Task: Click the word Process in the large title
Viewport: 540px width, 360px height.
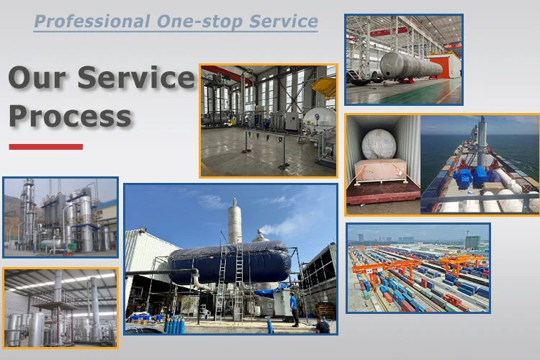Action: tap(71, 115)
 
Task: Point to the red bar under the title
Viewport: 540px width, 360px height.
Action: tap(45, 147)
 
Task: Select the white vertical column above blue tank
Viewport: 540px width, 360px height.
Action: tap(235, 220)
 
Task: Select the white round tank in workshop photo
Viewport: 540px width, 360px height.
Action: tap(318, 122)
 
